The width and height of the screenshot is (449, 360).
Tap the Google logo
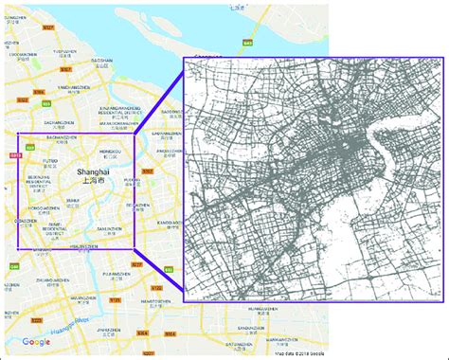click(x=36, y=342)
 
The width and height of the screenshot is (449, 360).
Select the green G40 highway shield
click(x=14, y=266)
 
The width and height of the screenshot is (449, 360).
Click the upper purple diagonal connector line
click(x=159, y=95)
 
